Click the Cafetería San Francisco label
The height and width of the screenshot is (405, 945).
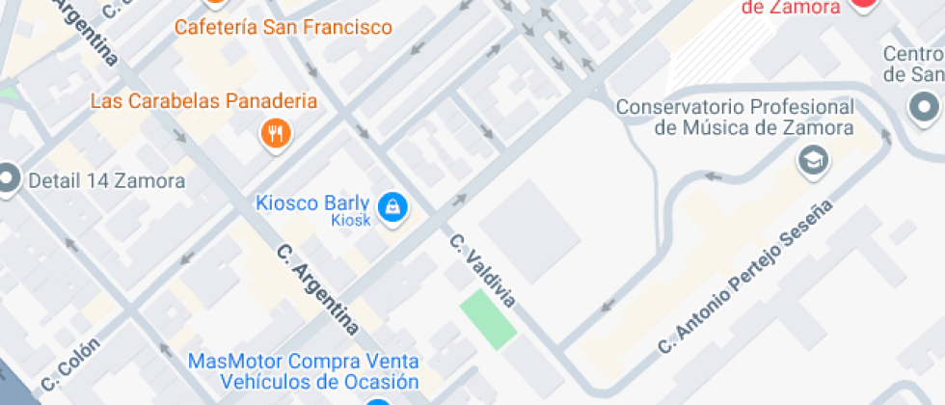tap(283, 26)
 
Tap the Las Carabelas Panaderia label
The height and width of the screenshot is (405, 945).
tap(204, 100)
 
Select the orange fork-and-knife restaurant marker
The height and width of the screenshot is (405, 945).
tap(276, 134)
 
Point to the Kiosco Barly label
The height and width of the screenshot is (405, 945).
tap(312, 202)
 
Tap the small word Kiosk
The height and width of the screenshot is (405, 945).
tap(351, 221)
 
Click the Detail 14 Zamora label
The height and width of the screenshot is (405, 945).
tap(107, 180)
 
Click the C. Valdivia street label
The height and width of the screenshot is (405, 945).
tap(482, 271)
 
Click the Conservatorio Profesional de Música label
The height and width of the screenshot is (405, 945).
tap(736, 117)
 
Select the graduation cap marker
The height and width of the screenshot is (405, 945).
tap(814, 160)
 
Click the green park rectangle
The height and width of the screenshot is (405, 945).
tap(488, 319)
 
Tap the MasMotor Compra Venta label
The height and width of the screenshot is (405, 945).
tap(304, 362)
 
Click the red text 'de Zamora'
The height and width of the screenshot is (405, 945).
tap(791, 7)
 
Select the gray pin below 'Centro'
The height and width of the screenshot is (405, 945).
tap(925, 105)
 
